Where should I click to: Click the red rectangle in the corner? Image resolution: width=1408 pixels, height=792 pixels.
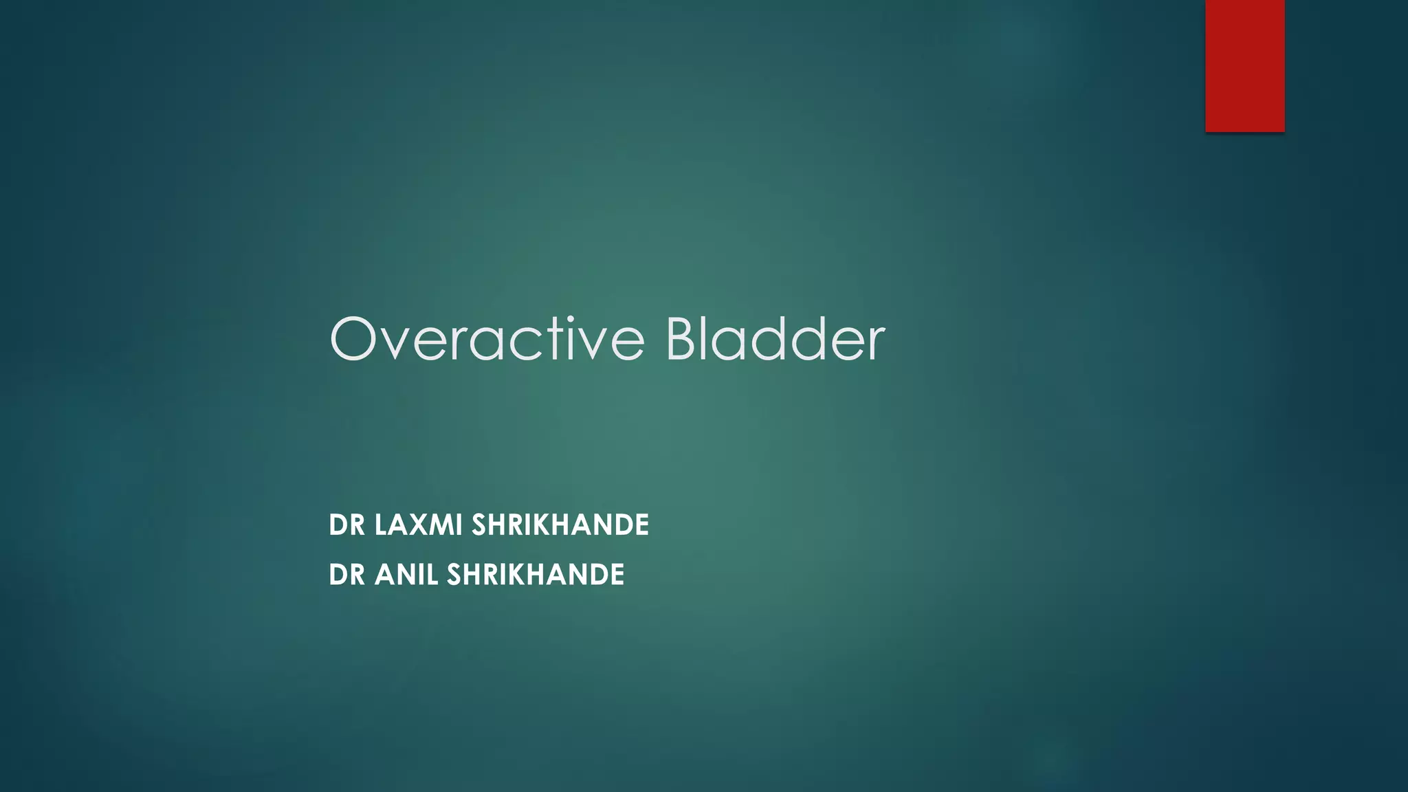[1244, 65]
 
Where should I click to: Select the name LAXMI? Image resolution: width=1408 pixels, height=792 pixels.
[418, 525]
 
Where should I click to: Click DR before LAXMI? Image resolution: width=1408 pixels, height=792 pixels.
[346, 525]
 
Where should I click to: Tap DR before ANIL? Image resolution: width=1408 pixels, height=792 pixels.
[346, 575]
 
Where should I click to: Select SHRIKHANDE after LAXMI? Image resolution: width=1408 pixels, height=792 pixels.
[560, 525]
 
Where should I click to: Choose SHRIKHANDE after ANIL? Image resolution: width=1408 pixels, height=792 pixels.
[536, 575]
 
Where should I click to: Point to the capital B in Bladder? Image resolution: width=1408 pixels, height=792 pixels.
[684, 339]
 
